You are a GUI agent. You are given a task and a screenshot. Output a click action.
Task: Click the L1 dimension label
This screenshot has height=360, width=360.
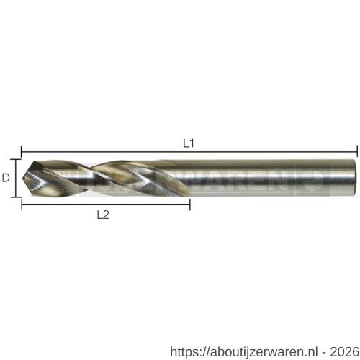click(188, 143)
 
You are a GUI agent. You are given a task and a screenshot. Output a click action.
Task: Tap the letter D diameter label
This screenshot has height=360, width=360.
click(6, 176)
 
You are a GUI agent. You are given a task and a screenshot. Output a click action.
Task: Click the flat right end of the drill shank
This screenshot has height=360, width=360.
click(356, 176)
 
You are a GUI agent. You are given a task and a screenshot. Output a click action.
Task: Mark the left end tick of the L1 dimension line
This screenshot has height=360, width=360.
click(22, 151)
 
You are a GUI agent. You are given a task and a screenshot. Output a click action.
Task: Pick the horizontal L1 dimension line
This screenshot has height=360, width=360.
click(189, 151)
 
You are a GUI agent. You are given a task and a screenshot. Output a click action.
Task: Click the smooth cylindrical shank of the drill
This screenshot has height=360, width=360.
click(274, 176)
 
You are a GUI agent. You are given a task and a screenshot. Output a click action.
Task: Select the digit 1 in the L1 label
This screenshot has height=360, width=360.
click(192, 143)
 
